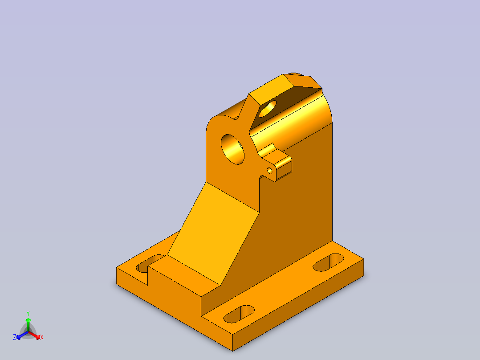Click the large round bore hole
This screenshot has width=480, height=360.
232,149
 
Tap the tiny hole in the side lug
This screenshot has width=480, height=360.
270,171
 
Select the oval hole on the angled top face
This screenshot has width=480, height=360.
268,109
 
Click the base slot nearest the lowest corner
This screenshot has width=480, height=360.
239,314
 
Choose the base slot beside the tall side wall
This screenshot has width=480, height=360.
329,262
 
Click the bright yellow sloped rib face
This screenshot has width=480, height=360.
213,233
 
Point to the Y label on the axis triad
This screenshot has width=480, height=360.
28,313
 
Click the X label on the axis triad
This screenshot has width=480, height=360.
42,337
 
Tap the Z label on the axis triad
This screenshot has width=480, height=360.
15,337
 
